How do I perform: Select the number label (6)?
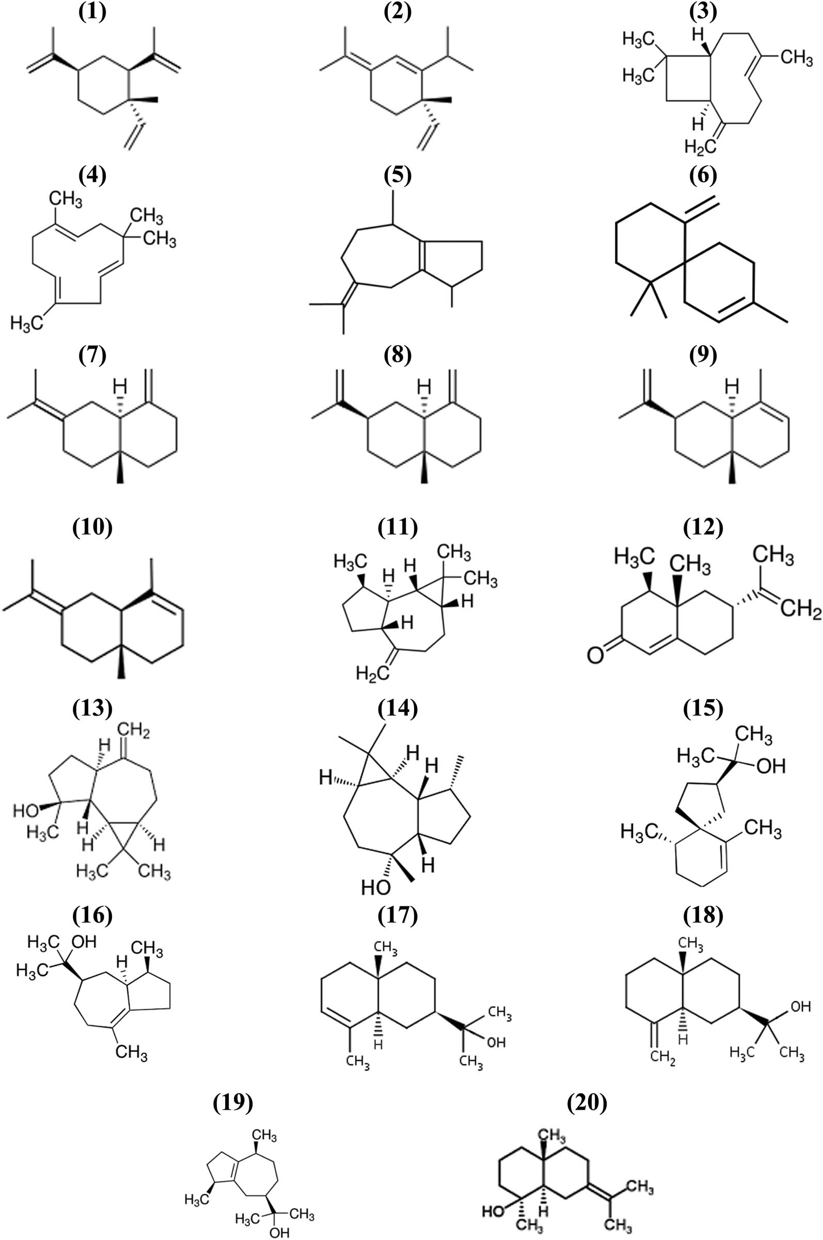point(703,177)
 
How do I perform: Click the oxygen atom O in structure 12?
point(595,656)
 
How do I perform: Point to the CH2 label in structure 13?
point(134,731)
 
